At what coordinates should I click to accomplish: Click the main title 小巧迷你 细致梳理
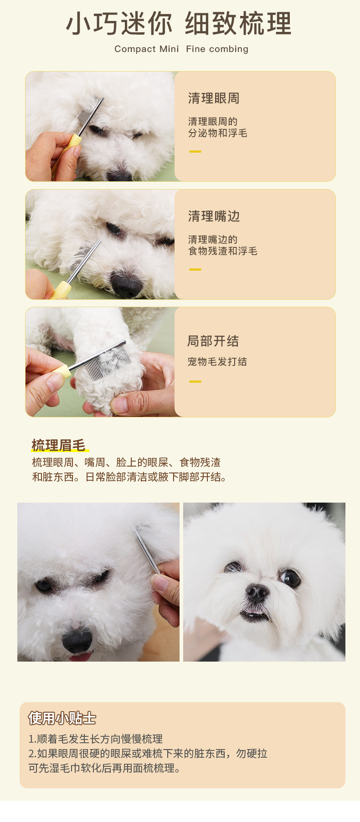(x=179, y=24)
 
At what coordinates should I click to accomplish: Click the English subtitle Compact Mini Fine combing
(x=181, y=49)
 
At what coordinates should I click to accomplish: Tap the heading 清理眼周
(x=214, y=98)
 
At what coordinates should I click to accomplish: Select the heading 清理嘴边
(x=214, y=216)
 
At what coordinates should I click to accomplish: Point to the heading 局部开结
(x=213, y=341)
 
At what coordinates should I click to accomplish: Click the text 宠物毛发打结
(x=217, y=362)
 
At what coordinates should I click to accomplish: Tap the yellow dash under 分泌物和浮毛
(x=195, y=151)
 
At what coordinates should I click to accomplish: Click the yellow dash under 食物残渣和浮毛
(x=195, y=269)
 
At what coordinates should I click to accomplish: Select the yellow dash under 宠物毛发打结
(x=195, y=381)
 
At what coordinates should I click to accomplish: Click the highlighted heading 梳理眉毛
(x=59, y=445)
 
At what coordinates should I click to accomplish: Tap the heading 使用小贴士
(x=62, y=718)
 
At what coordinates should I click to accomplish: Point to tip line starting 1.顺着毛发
(x=95, y=739)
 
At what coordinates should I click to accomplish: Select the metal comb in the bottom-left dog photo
(x=146, y=549)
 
